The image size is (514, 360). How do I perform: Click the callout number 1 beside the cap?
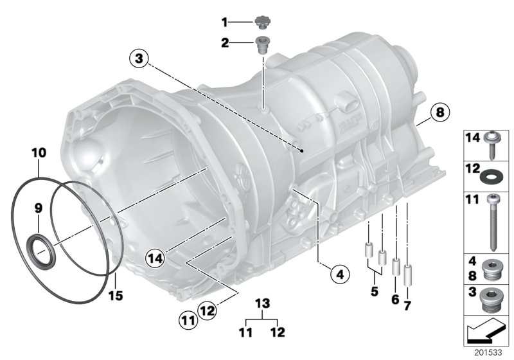pos(225,22)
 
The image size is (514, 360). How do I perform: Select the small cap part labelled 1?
pos(261,22)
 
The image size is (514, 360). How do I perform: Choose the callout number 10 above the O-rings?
pos(39,154)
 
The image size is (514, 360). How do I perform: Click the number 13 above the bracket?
pos(260,303)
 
